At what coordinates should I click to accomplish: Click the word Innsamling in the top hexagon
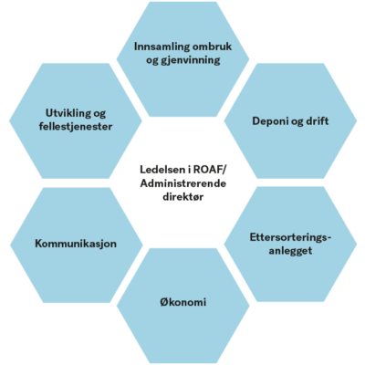point(157,47)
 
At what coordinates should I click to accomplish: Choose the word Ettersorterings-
point(290,237)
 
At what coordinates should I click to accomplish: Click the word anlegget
point(290,251)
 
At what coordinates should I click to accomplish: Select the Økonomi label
point(183,302)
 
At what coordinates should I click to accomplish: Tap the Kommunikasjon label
point(76,244)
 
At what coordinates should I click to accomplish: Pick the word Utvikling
point(68,113)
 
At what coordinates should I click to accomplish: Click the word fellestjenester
point(76,127)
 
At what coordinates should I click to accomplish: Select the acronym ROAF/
point(209,170)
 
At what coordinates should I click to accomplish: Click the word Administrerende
point(183,183)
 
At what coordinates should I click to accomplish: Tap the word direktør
point(183,197)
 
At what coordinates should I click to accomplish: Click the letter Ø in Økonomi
point(164,302)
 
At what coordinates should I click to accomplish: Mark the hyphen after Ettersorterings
point(328,238)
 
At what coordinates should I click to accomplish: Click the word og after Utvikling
point(99,114)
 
